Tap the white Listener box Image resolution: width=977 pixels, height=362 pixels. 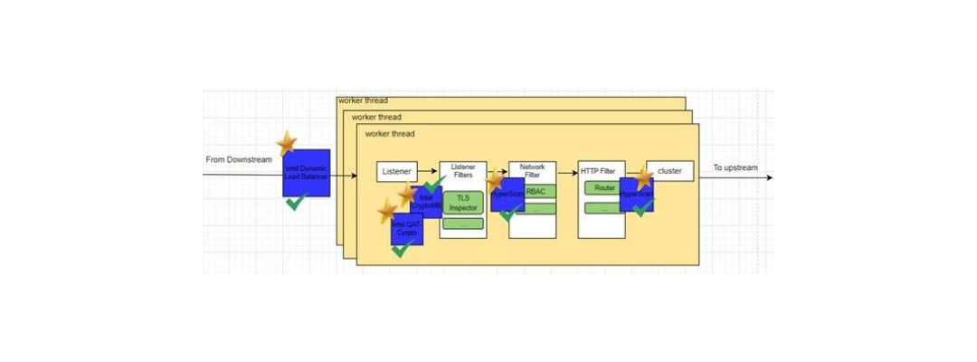click(396, 171)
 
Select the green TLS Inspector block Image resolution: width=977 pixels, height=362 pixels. click(462, 203)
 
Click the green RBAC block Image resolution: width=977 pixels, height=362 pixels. click(536, 192)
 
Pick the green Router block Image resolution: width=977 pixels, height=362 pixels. click(604, 188)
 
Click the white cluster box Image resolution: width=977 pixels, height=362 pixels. click(669, 170)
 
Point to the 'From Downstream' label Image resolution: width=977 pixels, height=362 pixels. click(239, 160)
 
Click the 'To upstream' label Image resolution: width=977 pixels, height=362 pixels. click(735, 167)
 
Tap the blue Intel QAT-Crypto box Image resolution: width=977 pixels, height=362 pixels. click(406, 230)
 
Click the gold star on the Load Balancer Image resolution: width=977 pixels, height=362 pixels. click(287, 141)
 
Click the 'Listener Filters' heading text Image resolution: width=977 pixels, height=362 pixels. click(462, 171)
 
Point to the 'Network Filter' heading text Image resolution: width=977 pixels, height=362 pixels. click(532, 170)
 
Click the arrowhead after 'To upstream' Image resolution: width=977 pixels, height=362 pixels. click(769, 176)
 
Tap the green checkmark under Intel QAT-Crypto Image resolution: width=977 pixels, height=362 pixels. click(403, 249)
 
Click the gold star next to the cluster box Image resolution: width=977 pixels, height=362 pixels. click(644, 178)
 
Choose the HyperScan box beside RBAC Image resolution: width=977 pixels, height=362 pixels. click(506, 194)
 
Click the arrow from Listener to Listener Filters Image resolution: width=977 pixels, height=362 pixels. click(428, 172)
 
